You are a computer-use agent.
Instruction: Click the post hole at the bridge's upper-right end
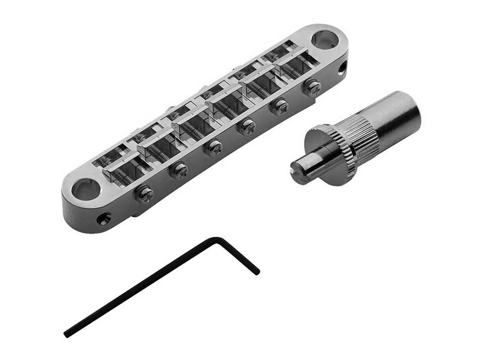324,39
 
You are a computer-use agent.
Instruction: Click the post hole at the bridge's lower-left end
86,188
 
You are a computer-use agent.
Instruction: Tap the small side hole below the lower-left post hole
103,218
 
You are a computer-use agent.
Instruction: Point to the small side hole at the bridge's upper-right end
342,68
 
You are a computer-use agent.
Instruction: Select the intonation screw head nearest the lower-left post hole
145,194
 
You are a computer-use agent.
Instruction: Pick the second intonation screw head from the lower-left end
179,171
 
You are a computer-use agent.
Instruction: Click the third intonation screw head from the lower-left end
214,148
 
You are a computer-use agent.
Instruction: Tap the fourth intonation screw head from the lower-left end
246,127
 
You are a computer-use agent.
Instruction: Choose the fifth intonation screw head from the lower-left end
279,107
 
